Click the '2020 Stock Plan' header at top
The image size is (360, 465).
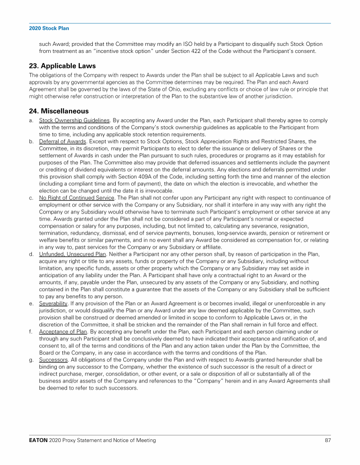[49, 29]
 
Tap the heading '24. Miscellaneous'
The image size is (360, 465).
[59, 111]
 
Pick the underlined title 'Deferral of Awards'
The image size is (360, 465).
[62, 141]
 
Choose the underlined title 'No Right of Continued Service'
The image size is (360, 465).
[77, 198]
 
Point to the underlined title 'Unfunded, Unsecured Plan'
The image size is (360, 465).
[72, 254]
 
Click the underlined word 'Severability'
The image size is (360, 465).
[53, 303]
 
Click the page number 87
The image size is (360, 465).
[328, 441]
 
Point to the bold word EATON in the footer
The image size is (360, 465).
[37, 441]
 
